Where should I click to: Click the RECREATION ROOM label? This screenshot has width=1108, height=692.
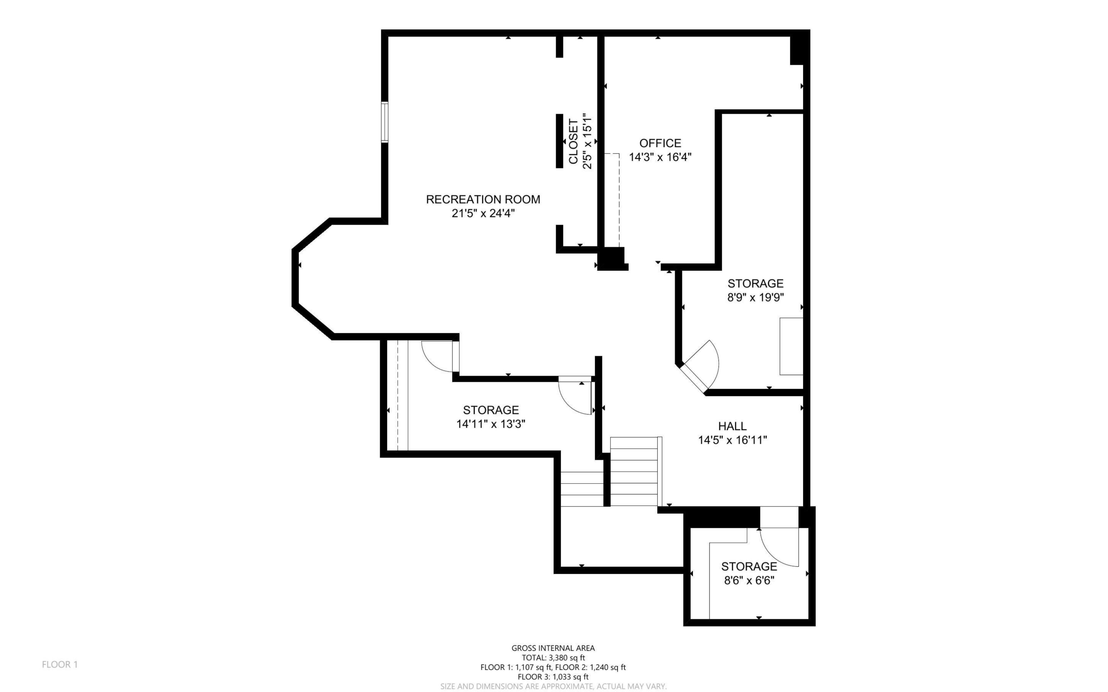483,200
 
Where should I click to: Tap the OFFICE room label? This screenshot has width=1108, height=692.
660,143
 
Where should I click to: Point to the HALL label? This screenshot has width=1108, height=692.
732,426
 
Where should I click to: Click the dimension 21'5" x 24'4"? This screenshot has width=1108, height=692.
483,213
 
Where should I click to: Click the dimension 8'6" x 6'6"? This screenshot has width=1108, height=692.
749,581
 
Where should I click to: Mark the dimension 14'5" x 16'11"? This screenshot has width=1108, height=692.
732,440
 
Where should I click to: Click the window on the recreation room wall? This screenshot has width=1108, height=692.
385,122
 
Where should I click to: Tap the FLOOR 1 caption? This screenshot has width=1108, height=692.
60,665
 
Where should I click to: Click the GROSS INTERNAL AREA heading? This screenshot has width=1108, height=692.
553,648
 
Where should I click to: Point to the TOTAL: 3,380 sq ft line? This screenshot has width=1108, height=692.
553,658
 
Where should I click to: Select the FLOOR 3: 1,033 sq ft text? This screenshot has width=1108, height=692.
553,677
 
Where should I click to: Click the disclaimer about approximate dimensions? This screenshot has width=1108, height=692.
553,687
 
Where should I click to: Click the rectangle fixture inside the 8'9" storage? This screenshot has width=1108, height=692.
792,347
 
